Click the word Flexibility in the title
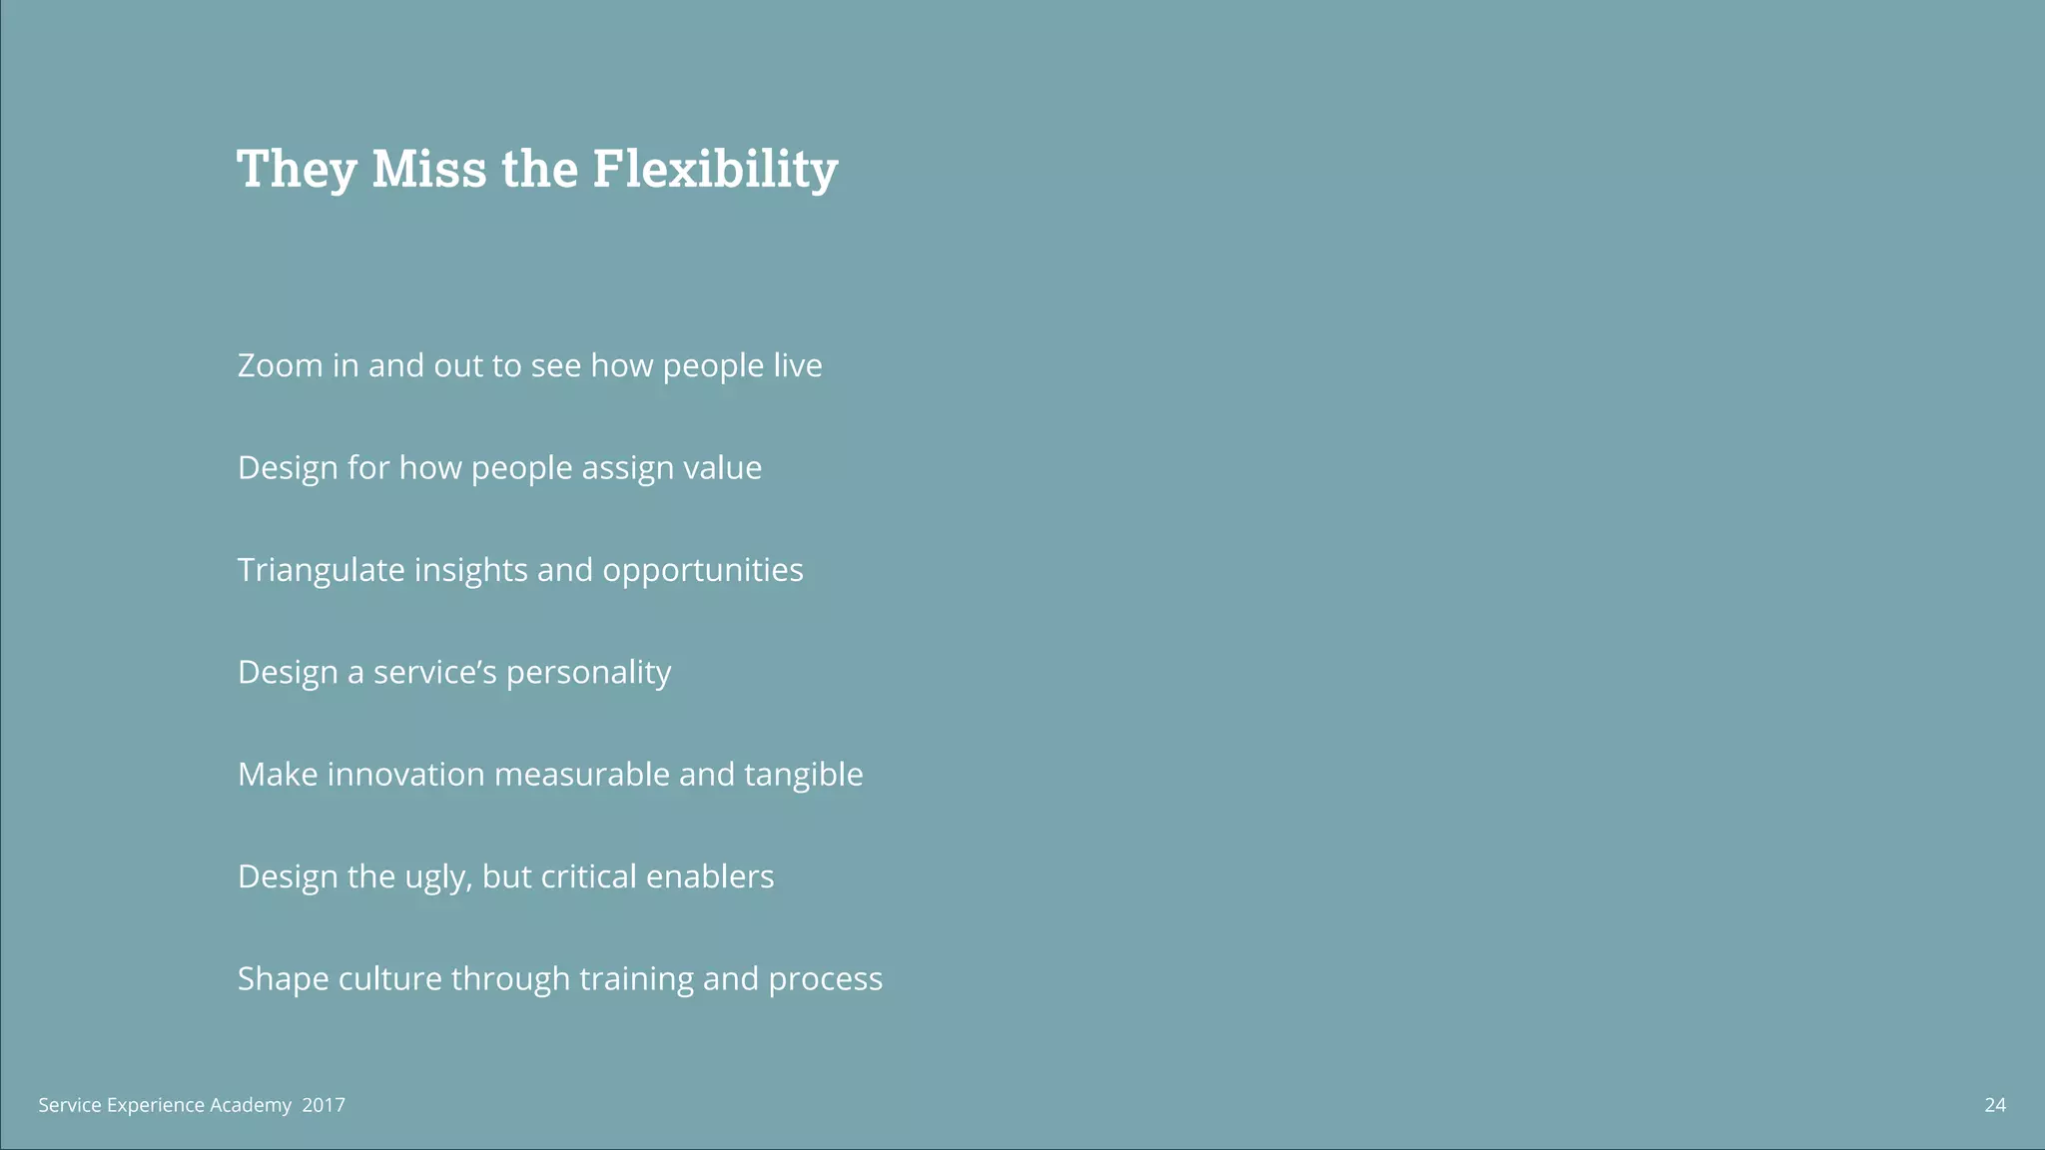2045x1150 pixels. (x=715, y=169)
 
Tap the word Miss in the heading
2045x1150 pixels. (x=429, y=169)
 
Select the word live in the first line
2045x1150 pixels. (x=797, y=365)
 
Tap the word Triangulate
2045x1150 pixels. (x=321, y=570)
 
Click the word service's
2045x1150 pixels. (x=434, y=672)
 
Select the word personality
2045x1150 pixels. (x=588, y=674)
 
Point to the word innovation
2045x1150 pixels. (x=405, y=775)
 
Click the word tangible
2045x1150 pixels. (x=803, y=776)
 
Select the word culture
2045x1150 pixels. (x=390, y=978)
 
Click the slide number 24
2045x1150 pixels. (x=1994, y=1105)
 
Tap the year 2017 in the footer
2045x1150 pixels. (x=324, y=1105)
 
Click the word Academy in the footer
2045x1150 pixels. (x=251, y=1106)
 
